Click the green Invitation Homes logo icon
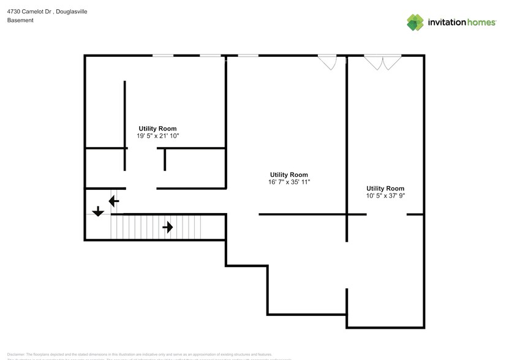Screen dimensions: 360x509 point(416,22)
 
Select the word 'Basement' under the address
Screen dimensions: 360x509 point(20,20)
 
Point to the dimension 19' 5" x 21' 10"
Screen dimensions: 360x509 point(158,136)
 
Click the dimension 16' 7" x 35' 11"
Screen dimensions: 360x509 point(290,182)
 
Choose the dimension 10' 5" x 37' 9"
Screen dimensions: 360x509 point(385,195)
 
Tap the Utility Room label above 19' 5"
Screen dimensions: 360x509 point(158,129)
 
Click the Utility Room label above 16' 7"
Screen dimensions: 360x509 point(289,174)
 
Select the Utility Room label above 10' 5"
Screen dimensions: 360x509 point(385,188)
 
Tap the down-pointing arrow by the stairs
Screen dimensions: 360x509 point(98,212)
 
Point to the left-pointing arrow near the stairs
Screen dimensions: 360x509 point(114,200)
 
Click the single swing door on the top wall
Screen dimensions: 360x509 point(328,62)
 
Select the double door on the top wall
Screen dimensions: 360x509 point(383,62)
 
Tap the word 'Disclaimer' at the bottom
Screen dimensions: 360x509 point(16,354)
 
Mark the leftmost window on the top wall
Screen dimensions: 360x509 point(163,56)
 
